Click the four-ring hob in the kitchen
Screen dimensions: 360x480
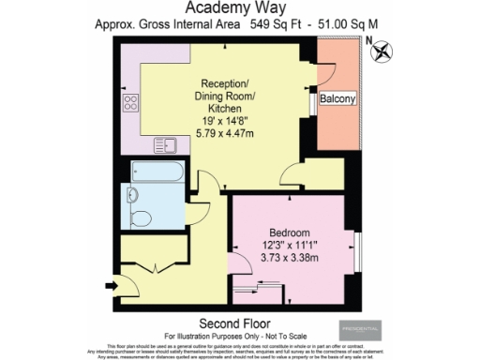[128, 106]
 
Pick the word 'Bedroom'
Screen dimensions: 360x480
[291, 232]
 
